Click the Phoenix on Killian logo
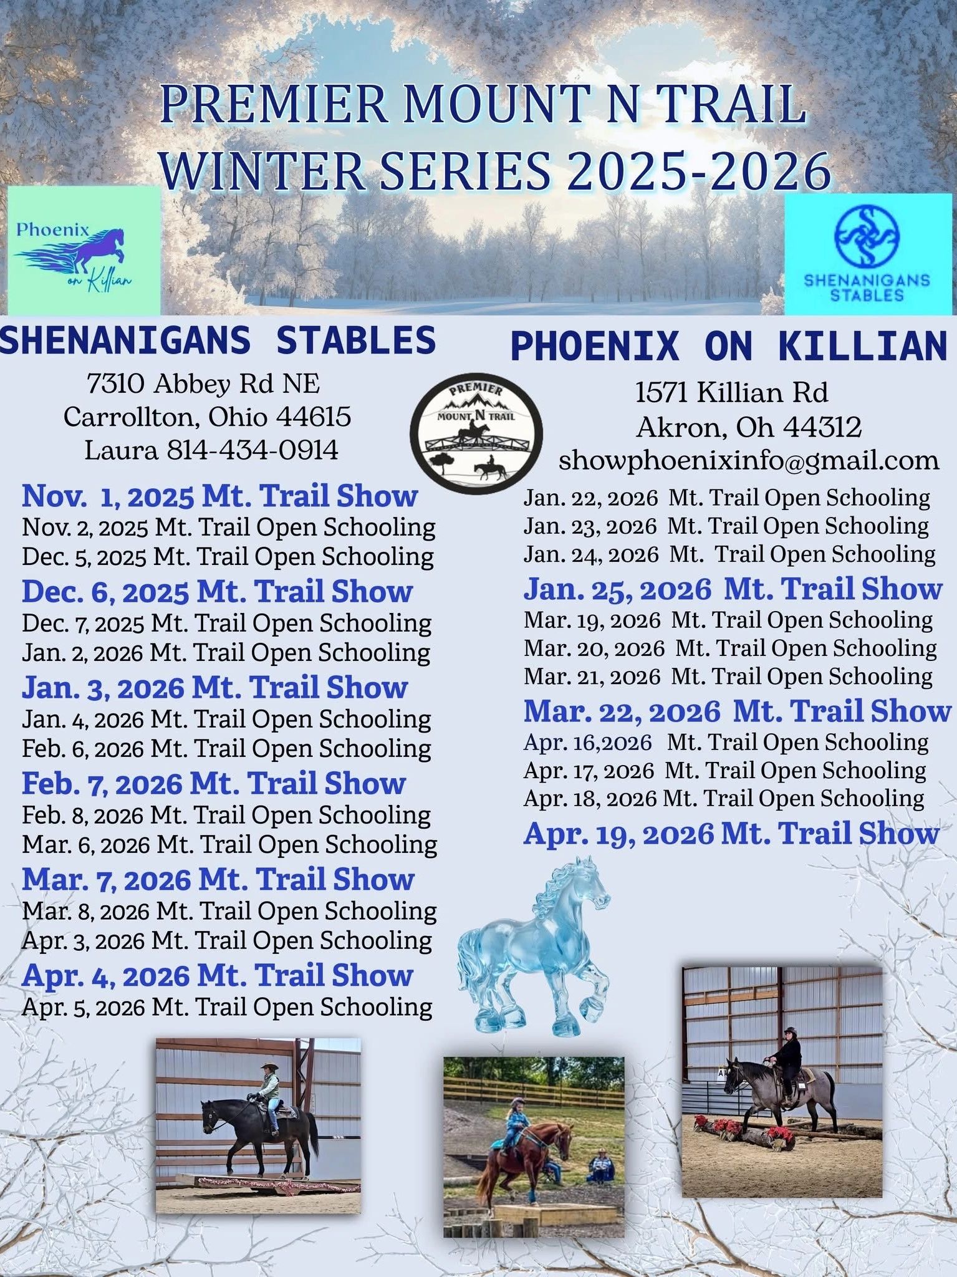click(x=84, y=250)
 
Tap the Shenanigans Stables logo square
click(x=870, y=254)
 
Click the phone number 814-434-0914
click(x=252, y=450)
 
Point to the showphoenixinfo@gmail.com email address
click(x=749, y=461)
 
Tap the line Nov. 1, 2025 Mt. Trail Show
click(x=219, y=496)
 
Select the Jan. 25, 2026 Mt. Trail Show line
click(x=733, y=589)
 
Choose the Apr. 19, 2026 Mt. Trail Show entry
click(x=731, y=834)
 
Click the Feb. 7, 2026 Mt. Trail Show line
click(x=214, y=783)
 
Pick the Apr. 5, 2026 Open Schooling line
click(x=227, y=1007)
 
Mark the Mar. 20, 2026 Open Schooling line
click(x=730, y=648)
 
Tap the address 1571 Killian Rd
click(x=731, y=393)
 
